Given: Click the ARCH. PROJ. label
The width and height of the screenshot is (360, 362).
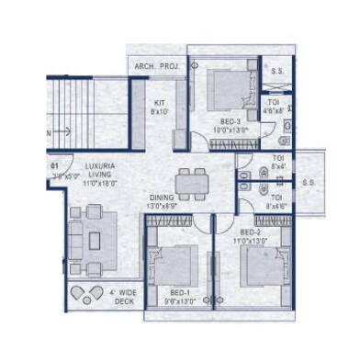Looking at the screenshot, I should [x=157, y=67].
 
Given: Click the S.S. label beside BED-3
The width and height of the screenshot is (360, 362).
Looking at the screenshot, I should [x=276, y=69].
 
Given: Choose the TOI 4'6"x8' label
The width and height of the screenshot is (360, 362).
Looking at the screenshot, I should [x=275, y=107].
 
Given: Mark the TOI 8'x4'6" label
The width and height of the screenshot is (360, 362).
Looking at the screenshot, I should [x=276, y=201].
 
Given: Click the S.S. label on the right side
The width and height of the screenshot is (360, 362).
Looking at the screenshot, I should [x=308, y=182].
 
